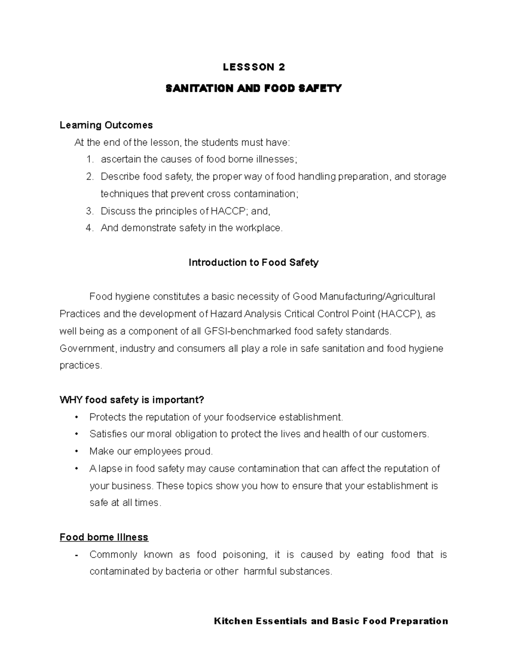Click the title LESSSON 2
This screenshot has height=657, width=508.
tap(254, 67)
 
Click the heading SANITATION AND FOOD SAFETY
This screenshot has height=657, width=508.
tap(254, 88)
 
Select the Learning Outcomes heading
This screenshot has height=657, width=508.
tap(106, 125)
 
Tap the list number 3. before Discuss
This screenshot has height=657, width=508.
tap(89, 211)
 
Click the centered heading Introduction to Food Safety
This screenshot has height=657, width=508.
tap(254, 263)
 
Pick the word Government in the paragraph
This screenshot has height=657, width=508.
tap(88, 349)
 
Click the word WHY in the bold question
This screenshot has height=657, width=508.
tap(71, 400)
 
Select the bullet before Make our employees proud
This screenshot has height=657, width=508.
tap(76, 451)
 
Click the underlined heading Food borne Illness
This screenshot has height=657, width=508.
tap(104, 537)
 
